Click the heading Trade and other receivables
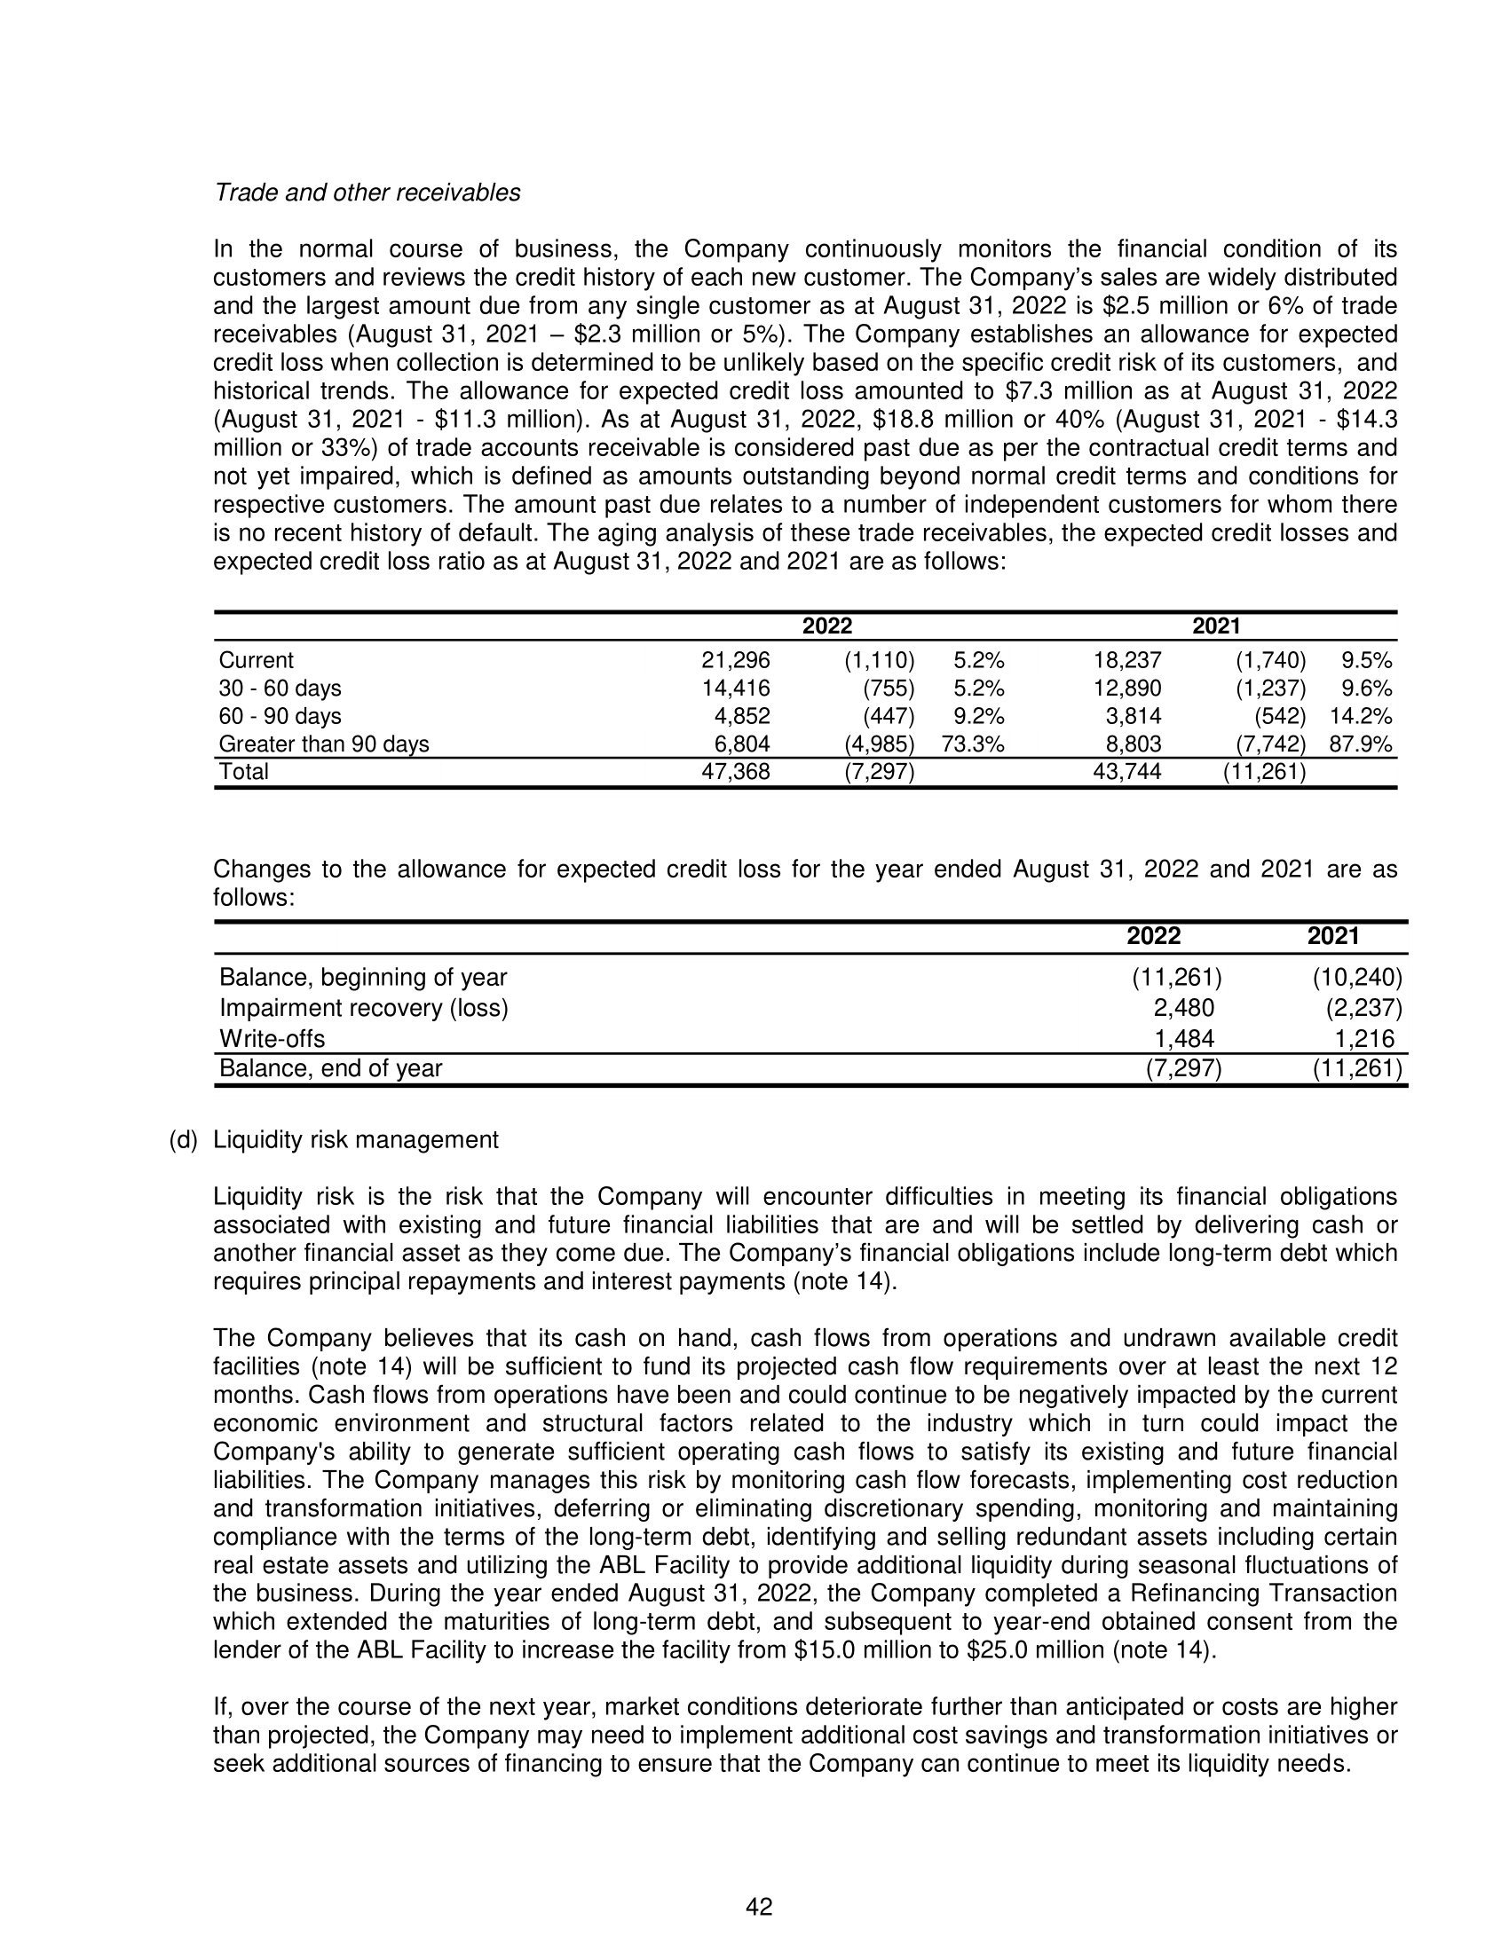tap(367, 193)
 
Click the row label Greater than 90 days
tap(324, 744)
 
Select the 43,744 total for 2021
tap(1127, 771)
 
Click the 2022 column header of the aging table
tap(827, 626)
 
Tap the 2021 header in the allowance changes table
tap(1333, 937)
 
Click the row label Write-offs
tap(273, 1039)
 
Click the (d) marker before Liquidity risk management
tap(183, 1139)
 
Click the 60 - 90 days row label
tap(280, 716)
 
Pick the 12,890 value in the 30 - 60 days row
tap(1127, 689)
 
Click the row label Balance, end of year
tap(331, 1068)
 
